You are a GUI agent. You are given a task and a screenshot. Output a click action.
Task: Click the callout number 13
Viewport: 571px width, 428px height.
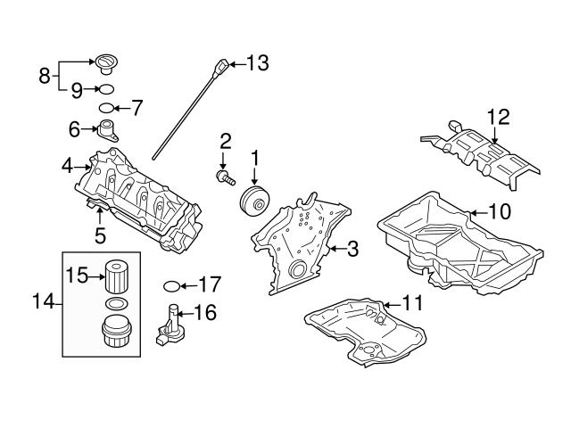tap(256, 62)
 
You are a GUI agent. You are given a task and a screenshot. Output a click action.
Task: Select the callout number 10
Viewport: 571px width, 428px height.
tap(499, 212)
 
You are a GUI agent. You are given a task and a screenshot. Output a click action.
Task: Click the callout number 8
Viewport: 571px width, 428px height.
tap(44, 75)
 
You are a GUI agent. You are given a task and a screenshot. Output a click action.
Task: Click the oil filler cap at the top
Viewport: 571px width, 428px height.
tap(106, 63)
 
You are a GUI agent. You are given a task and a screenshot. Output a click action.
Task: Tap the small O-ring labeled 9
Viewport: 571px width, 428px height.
tap(105, 89)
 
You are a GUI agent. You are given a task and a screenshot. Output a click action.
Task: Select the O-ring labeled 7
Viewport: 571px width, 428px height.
tap(106, 108)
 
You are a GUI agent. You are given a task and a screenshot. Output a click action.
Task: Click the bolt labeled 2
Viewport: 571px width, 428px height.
tap(224, 177)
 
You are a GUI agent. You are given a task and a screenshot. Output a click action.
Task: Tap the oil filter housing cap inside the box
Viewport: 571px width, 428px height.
tap(114, 336)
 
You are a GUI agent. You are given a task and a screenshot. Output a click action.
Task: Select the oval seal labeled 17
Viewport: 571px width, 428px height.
tap(172, 286)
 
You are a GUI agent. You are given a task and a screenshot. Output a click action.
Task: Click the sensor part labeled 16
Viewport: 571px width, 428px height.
tap(172, 325)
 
